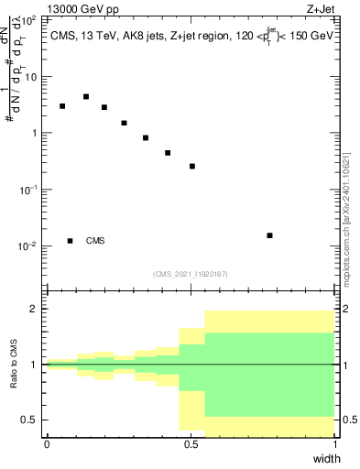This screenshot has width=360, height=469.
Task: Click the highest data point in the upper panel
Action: coord(86,96)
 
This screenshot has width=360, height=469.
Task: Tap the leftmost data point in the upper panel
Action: coord(62,106)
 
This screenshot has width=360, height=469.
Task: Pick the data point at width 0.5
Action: coord(192,166)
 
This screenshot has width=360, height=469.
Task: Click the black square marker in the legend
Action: coord(71,241)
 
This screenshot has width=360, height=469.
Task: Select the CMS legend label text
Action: coord(95,241)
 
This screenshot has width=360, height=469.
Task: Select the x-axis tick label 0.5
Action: coord(191,444)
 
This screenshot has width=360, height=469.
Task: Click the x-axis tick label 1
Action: coord(334,444)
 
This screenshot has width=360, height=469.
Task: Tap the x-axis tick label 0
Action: coord(47,444)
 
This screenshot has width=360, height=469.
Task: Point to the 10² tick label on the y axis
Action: coord(31,18)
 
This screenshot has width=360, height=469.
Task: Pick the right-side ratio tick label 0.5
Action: coord(347,420)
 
